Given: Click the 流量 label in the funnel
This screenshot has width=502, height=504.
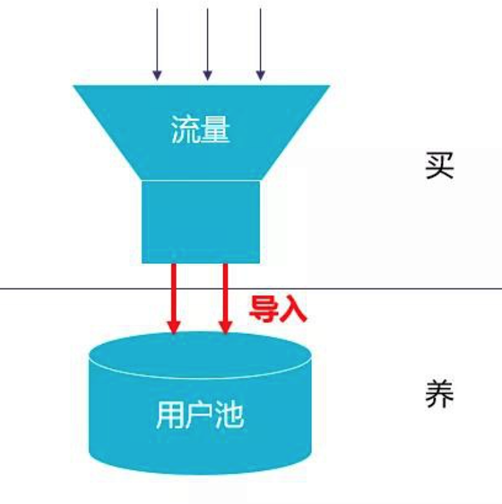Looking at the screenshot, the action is pyautogui.click(x=201, y=129).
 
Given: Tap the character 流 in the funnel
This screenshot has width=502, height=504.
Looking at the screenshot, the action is pyautogui.click(x=185, y=129).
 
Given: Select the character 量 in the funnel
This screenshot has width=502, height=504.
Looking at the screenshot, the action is pyautogui.click(x=215, y=129).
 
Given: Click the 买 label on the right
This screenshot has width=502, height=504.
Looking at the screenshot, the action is pyautogui.click(x=440, y=165).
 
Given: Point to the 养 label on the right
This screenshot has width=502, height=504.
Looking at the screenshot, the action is pyautogui.click(x=440, y=394).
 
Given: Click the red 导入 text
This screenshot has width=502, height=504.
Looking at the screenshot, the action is pyautogui.click(x=278, y=309).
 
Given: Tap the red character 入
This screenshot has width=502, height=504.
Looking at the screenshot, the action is pyautogui.click(x=293, y=309).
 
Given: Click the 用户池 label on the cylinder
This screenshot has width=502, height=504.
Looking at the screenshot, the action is pyautogui.click(x=200, y=415).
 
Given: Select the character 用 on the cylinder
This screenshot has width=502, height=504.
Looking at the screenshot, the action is pyautogui.click(x=170, y=415).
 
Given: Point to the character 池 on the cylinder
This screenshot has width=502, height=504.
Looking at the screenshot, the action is pyautogui.click(x=229, y=415).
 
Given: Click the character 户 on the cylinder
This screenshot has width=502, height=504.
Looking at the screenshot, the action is pyautogui.click(x=200, y=415).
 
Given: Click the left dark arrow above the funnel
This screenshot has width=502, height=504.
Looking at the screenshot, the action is pyautogui.click(x=157, y=44).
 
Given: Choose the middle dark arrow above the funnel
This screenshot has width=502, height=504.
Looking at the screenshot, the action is pyautogui.click(x=207, y=44).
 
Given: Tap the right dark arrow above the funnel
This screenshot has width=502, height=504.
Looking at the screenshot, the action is pyautogui.click(x=260, y=44).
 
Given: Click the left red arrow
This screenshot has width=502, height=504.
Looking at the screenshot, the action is pyautogui.click(x=174, y=298).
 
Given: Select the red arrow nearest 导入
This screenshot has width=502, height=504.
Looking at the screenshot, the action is pyautogui.click(x=225, y=298).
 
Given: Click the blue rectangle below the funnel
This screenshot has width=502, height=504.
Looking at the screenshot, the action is pyautogui.click(x=201, y=222).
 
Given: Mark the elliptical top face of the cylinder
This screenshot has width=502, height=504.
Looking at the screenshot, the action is pyautogui.click(x=200, y=355).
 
